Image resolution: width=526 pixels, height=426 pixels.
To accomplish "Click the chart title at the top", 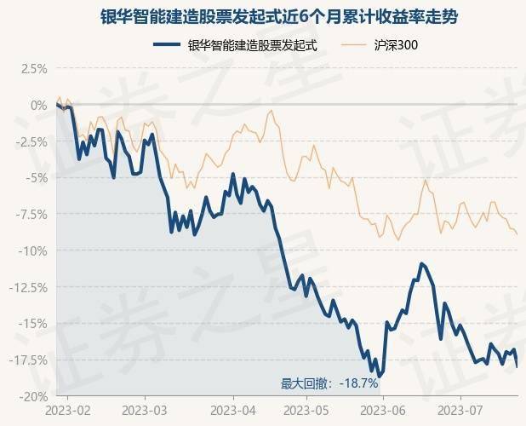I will click(x=263, y=17).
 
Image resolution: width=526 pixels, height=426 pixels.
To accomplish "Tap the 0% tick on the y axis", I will click(x=39, y=105).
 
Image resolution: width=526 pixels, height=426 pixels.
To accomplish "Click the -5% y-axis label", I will click(x=37, y=178).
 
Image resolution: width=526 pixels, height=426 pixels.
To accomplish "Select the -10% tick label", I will click(x=33, y=250).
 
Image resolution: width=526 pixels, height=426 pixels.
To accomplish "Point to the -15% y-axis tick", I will click(x=33, y=324).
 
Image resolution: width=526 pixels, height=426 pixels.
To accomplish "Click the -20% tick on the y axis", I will click(x=33, y=396).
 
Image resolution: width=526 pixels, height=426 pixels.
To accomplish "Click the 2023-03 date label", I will click(x=145, y=410).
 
